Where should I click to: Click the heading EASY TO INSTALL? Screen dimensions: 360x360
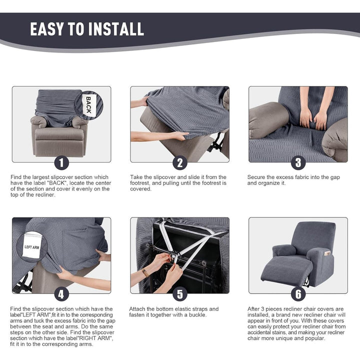[x=87, y=29]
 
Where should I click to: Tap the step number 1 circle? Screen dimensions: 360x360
[x=61, y=162]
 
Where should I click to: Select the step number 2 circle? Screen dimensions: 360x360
[x=180, y=162]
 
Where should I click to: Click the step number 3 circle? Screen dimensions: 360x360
[x=298, y=162]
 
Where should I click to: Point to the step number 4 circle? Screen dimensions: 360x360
[x=61, y=294]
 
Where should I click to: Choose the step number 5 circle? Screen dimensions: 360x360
[x=180, y=294]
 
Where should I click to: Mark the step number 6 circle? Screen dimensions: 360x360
[x=298, y=294]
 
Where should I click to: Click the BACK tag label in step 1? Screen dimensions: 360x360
[x=88, y=105]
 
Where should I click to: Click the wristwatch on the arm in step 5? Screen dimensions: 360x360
[x=145, y=272]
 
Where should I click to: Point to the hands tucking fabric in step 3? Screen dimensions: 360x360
[x=312, y=118]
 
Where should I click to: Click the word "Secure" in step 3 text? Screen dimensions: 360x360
[x=258, y=177]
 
